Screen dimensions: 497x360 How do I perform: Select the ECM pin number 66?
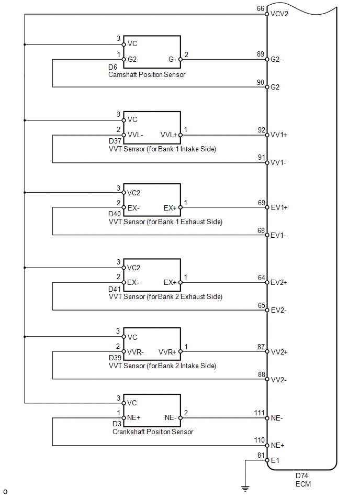261,9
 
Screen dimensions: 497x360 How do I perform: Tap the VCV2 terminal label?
279,14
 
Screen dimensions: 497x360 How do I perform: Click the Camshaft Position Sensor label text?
147,75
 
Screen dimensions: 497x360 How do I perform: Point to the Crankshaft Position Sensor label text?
153,432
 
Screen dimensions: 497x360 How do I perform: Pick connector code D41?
115,290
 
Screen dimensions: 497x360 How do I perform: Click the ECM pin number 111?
260,413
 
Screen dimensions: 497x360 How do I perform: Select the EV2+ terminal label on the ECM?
279,283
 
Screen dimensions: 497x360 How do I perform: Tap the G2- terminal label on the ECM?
277,60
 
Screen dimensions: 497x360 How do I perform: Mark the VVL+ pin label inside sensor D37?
168,135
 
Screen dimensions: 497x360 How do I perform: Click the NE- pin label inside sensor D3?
170,418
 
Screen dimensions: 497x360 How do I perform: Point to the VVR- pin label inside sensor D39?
136,352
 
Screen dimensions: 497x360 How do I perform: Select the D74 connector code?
302,476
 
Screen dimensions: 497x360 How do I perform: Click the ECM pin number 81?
261,455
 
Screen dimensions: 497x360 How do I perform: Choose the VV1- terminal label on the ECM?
278,163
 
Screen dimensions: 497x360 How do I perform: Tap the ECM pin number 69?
261,202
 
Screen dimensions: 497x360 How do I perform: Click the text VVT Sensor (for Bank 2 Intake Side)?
162,366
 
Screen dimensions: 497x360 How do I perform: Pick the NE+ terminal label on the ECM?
278,446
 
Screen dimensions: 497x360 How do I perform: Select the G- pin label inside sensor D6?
172,60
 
